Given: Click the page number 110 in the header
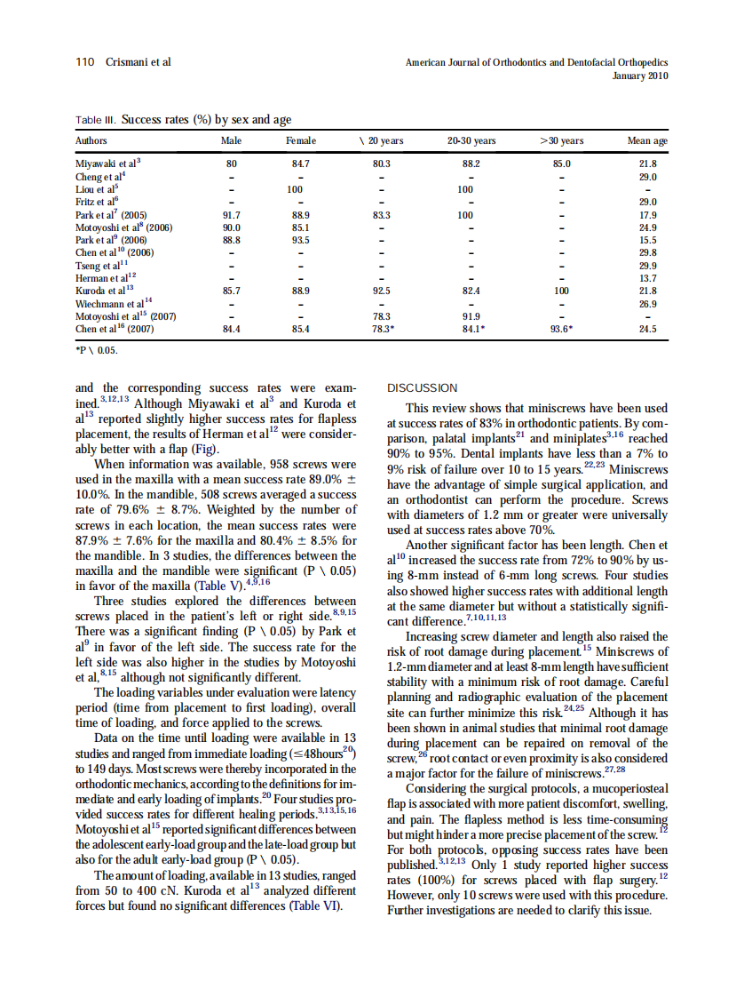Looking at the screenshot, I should coord(85,62).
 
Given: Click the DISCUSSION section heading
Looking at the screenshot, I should coord(423,388).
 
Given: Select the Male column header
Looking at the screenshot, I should coord(231,141).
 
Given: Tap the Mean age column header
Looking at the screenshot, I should coord(647,141).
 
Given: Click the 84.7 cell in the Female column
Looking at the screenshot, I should coord(300,164).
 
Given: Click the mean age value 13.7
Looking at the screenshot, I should coord(647,278).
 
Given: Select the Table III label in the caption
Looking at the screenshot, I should coord(95,120).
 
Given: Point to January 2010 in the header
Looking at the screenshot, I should coord(640,76).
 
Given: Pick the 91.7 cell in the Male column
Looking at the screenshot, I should coord(231,215).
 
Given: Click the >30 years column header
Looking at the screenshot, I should coord(561,141).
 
